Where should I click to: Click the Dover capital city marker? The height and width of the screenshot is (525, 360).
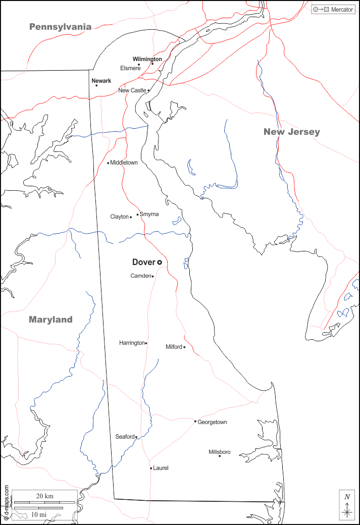pyautogui.click(x=160, y=262)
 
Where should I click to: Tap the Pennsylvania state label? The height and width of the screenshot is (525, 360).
pyautogui.click(x=60, y=27)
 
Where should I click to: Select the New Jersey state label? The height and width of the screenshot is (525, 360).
pyautogui.click(x=291, y=132)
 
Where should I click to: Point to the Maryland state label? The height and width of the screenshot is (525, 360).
pyautogui.click(x=50, y=320)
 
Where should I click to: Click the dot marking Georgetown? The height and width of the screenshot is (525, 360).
pyautogui.click(x=195, y=422)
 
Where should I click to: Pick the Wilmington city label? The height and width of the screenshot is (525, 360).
pyautogui.click(x=147, y=59)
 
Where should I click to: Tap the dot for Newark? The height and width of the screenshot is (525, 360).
pyautogui.click(x=96, y=85)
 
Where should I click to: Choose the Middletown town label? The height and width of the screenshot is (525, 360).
pyautogui.click(x=124, y=163)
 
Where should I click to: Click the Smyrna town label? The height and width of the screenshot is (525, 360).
pyautogui.click(x=149, y=214)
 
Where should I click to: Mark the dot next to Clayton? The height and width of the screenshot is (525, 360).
pyautogui.click(x=131, y=217)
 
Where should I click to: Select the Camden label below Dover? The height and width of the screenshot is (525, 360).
pyautogui.click(x=141, y=276)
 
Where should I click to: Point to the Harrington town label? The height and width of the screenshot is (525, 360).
pyautogui.click(x=131, y=343)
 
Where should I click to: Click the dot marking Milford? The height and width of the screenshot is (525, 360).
pyautogui.click(x=184, y=347)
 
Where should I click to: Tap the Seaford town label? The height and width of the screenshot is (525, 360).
pyautogui.click(x=125, y=437)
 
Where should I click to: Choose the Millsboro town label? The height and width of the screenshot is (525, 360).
pyautogui.click(x=220, y=452)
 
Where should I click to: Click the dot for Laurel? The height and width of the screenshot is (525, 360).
pyautogui.click(x=151, y=468)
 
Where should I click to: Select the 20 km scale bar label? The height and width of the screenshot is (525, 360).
pyautogui.click(x=45, y=496)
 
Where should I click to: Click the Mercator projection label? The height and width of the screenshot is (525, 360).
pyautogui.click(x=342, y=10)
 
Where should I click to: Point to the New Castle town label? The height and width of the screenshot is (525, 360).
pyautogui.click(x=132, y=90)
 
